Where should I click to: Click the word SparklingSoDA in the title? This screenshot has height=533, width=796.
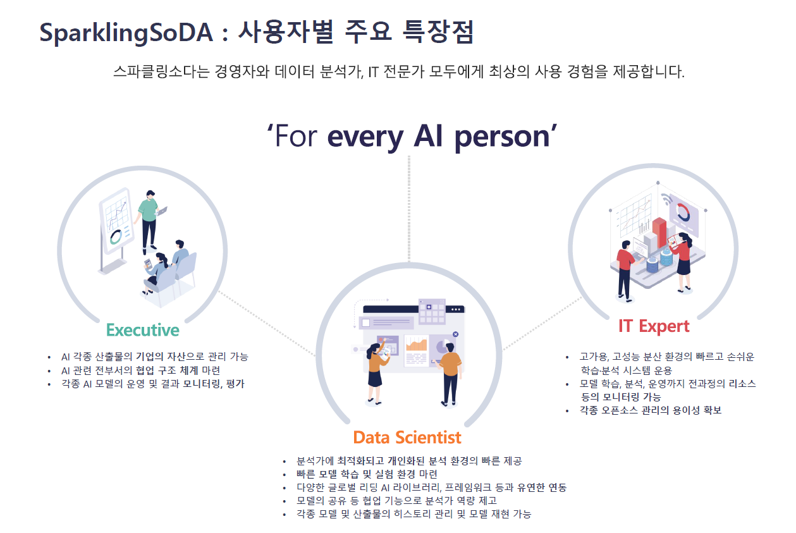(126, 33)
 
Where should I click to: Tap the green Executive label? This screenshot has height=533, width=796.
(143, 330)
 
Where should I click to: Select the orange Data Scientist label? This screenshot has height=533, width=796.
(407, 438)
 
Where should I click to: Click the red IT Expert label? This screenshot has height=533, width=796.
(654, 326)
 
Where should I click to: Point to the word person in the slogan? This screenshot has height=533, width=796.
(502, 138)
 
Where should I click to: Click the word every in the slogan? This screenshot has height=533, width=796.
(365, 138)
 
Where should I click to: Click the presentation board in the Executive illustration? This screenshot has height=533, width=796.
(116, 228)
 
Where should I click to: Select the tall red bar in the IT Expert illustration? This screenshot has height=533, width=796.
(659, 233)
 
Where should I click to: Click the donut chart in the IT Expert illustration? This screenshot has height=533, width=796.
(683, 212)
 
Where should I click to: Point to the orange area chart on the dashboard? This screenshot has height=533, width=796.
(417, 345)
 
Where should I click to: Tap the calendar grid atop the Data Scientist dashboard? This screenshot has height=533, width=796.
(432, 311)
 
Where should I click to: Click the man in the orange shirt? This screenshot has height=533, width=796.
(450, 374)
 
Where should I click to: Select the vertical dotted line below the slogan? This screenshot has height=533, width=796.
(409, 209)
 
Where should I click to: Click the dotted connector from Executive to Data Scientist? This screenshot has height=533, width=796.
(267, 323)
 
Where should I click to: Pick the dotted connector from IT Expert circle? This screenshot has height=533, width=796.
(542, 324)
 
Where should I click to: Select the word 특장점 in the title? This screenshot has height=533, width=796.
(438, 32)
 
